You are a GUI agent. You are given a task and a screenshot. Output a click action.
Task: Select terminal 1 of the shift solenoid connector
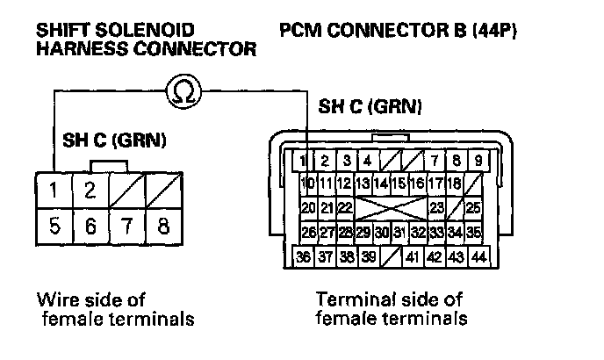(54, 189)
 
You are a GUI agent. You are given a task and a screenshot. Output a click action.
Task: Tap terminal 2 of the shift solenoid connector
(90, 189)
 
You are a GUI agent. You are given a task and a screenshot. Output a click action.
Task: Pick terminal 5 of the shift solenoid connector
(54, 226)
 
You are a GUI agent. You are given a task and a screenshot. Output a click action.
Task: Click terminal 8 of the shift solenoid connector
(162, 226)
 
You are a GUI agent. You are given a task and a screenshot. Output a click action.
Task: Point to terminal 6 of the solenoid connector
(90, 226)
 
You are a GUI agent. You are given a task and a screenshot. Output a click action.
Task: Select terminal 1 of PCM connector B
(303, 161)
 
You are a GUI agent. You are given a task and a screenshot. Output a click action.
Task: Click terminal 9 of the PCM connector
(478, 161)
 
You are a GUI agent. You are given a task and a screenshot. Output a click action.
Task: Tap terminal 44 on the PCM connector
(478, 257)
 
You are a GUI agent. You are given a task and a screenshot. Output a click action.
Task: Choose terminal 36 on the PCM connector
(303, 257)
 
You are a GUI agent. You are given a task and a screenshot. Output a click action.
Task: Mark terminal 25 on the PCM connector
(474, 208)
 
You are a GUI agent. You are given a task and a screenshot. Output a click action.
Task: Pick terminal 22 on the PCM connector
(345, 208)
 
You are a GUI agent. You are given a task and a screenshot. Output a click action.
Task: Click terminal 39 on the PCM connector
(368, 257)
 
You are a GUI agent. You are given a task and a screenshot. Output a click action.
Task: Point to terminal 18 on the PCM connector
(454, 184)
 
